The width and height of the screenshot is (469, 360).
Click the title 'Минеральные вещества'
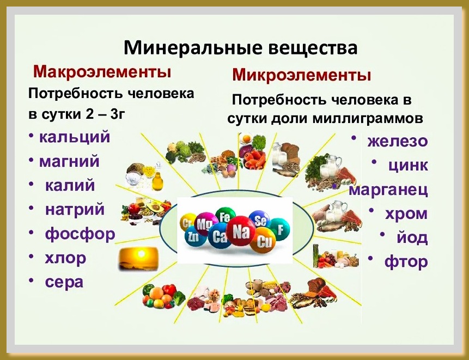coord(240,48)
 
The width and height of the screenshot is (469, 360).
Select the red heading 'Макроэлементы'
coord(102,72)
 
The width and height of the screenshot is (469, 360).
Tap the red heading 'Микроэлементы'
coord(302,75)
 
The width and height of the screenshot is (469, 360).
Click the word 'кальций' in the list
coord(75,137)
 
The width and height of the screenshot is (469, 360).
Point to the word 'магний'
coord(69,161)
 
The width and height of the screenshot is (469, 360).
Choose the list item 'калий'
coord(70,185)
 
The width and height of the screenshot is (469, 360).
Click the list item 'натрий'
coord(75,210)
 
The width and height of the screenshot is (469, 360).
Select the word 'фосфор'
coord(80,234)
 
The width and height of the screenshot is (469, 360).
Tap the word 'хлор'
coord(65,258)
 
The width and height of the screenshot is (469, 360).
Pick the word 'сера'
coord(64,282)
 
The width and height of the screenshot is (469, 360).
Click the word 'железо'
coord(398,141)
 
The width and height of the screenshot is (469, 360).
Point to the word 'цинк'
coord(409,166)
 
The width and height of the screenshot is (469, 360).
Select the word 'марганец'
coord(388,190)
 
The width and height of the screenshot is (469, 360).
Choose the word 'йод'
coord(412,237)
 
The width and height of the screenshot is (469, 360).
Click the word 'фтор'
coord(406,262)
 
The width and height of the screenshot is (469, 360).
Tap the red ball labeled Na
coord(241,231)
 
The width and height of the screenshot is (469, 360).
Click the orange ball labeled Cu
coord(263,240)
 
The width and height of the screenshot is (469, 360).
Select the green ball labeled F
coord(279,230)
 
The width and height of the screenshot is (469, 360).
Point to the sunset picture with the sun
coord(138,259)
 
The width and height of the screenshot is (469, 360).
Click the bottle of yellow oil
coord(157,180)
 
